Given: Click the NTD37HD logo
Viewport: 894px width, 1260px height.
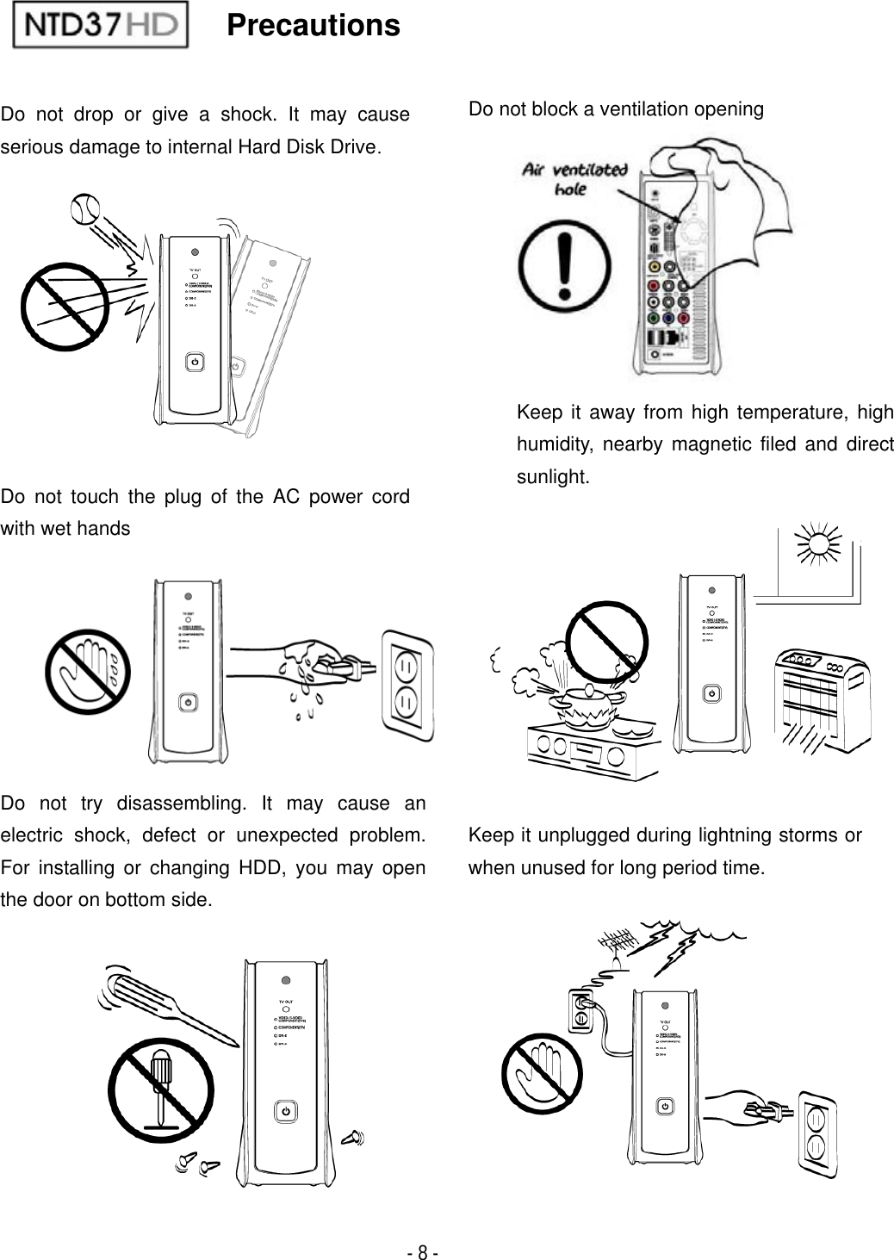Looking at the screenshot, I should (101, 28).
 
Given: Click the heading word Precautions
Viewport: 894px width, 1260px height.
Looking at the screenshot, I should (314, 26).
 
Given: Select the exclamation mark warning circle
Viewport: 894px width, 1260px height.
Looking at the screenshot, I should (565, 258).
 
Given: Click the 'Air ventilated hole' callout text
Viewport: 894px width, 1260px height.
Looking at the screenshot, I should (574, 178).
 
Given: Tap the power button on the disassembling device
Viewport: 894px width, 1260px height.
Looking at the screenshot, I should (286, 1112).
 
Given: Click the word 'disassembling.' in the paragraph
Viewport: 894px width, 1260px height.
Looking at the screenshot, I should (183, 804).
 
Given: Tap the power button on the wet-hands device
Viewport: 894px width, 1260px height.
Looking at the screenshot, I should (188, 703).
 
